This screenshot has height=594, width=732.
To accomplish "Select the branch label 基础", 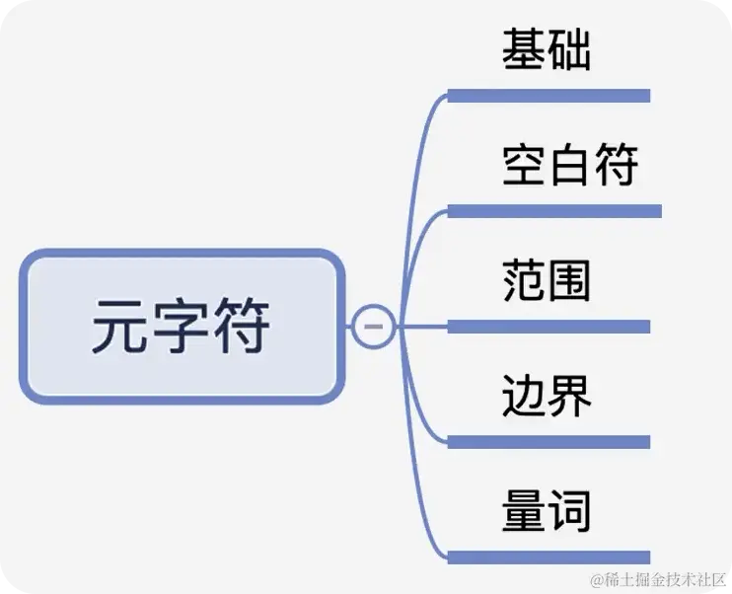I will point(546,49).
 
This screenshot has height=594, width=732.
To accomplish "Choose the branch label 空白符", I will point(569,165).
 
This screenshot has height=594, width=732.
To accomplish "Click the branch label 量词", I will point(546,510).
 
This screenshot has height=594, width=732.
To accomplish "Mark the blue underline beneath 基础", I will point(549,96).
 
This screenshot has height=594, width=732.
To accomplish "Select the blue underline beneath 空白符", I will point(554,211).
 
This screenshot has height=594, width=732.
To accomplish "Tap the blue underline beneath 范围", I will point(549,327).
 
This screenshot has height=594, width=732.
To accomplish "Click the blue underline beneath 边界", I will point(549,442).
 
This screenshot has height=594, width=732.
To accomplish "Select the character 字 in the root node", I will point(182,327).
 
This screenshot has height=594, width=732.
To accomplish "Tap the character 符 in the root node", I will point(242,327).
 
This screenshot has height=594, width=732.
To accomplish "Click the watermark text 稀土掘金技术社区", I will point(664,576).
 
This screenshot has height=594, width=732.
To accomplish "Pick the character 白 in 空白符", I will point(569,165).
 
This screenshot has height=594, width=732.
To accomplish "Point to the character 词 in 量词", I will point(569,510).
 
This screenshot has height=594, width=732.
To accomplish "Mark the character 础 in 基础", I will point(569,49).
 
